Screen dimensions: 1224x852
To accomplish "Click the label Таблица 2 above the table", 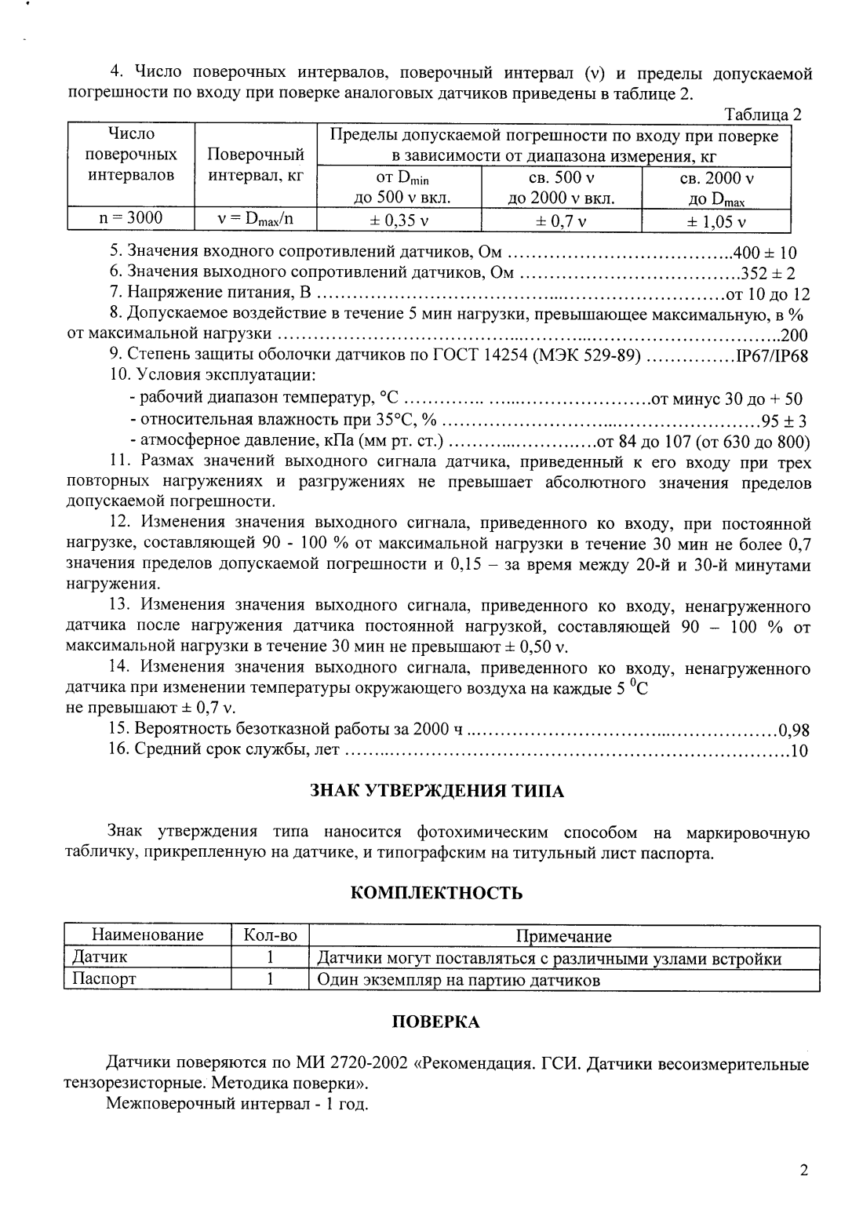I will (763, 115).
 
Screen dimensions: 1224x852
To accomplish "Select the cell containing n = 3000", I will (130, 218).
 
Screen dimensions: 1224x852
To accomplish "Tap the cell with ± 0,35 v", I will (399, 220).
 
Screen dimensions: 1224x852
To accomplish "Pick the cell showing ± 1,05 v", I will (715, 221).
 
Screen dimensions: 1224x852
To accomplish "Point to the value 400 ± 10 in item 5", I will (764, 253).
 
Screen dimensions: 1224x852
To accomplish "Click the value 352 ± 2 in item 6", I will (769, 273).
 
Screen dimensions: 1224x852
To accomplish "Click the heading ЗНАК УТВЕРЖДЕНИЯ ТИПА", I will (437, 790).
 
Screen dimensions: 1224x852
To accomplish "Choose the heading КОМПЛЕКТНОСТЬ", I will (436, 892).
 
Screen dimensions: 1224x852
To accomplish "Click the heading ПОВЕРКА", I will (435, 1022).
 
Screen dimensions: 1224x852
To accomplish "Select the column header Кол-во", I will (271, 935).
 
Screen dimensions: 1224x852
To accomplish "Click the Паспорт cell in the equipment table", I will (104, 979).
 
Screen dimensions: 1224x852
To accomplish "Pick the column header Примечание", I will (563, 936).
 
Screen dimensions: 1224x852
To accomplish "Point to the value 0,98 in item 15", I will (793, 730).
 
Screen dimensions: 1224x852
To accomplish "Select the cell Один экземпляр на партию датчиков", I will (458, 980).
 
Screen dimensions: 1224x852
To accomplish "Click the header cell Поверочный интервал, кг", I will (255, 165).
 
